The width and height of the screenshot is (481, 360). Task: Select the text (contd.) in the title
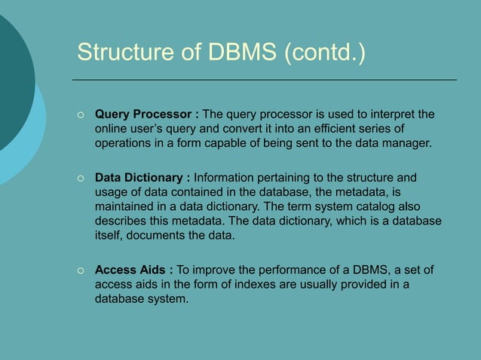(325, 53)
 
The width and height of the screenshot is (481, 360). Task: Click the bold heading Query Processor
(143, 114)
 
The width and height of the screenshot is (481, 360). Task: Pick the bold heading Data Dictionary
(139, 178)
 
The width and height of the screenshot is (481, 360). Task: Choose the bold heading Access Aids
(131, 270)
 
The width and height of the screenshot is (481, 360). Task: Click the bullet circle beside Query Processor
(80, 115)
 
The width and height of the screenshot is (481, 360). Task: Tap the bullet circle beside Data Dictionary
(80, 178)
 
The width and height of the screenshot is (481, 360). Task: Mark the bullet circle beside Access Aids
(80, 270)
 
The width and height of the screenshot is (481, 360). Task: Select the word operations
(124, 143)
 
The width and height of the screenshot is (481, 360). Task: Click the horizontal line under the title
(264, 79)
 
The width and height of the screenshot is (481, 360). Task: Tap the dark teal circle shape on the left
(11, 83)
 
